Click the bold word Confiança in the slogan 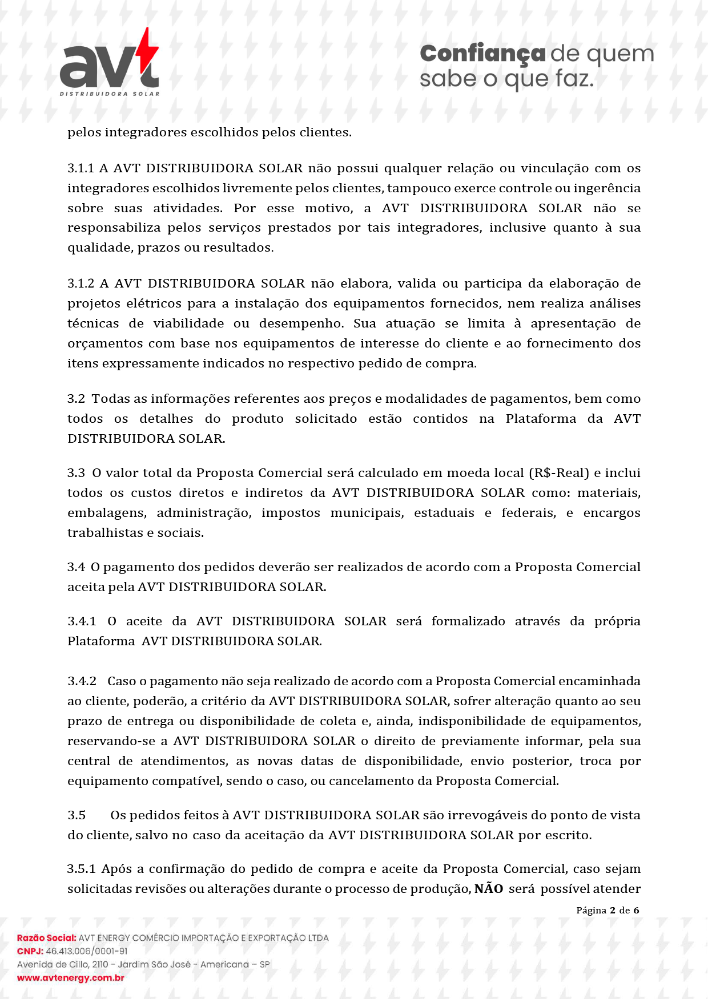pyautogui.click(x=482, y=54)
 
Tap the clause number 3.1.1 pyautogui.click(x=81, y=168)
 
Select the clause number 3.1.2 pyautogui.click(x=81, y=284)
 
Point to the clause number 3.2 pyautogui.click(x=76, y=399)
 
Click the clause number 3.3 pyautogui.click(x=76, y=473)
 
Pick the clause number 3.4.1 pyautogui.click(x=82, y=621)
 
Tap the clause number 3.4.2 pyautogui.click(x=82, y=681)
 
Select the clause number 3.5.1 pyautogui.click(x=81, y=869)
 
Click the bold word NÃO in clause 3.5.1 pyautogui.click(x=489, y=889)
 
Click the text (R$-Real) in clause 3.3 pyautogui.click(x=559, y=473)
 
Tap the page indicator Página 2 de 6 pyautogui.click(x=608, y=911)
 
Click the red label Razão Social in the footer pyautogui.click(x=46, y=938)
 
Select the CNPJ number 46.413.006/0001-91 pyautogui.click(x=87, y=951)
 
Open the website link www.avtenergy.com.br pyautogui.click(x=71, y=978)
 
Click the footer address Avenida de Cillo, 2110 pyautogui.click(x=63, y=965)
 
